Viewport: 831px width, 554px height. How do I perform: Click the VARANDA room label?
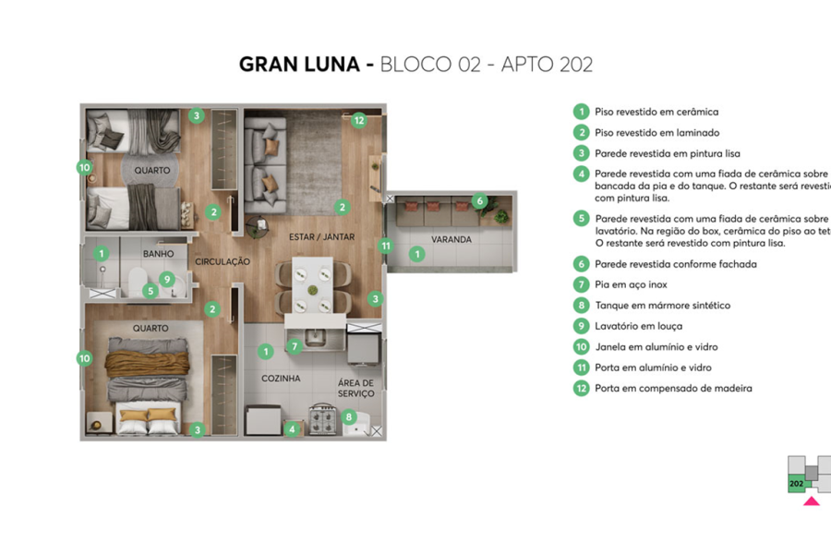(452, 239)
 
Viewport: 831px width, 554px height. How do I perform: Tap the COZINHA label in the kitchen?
(281, 379)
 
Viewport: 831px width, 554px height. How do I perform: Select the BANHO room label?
(158, 253)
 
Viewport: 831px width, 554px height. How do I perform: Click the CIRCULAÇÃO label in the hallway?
(223, 262)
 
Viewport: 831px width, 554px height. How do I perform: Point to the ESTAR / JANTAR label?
(321, 237)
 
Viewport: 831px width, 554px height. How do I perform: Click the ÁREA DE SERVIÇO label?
(355, 388)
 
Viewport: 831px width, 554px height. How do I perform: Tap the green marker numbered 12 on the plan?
(358, 119)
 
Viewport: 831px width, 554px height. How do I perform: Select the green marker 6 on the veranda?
(478, 200)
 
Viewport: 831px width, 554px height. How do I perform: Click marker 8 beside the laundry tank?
(349, 416)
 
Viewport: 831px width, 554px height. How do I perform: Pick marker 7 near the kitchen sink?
(294, 347)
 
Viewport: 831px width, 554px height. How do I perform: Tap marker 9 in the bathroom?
(166, 278)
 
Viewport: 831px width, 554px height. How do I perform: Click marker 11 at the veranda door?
(386, 246)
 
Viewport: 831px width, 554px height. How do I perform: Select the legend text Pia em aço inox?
(631, 284)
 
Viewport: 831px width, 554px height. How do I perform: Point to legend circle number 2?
(581, 133)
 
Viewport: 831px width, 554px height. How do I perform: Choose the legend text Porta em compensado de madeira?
(673, 389)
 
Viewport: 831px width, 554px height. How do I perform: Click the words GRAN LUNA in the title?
(297, 65)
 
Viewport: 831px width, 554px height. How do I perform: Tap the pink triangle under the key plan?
(812, 501)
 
